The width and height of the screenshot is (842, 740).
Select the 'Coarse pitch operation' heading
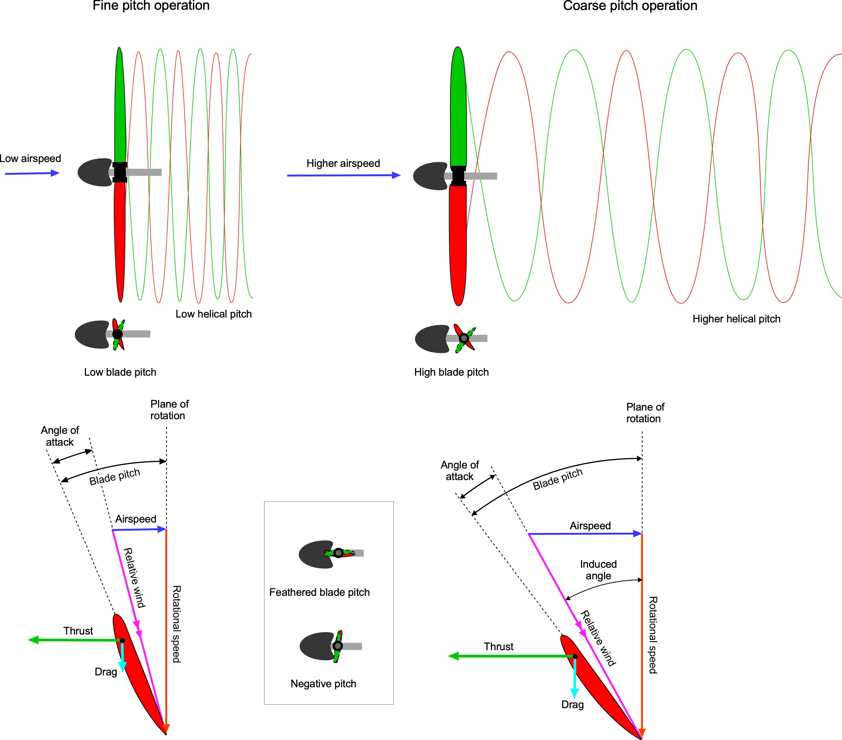[x=630, y=6]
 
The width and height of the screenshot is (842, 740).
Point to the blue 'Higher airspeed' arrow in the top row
[x=344, y=176]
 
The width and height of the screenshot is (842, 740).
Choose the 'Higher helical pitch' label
[x=736, y=319]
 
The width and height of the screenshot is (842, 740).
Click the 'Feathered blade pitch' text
[x=319, y=592]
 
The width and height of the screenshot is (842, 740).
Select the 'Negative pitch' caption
[x=323, y=683]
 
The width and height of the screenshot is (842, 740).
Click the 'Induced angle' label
[x=598, y=570]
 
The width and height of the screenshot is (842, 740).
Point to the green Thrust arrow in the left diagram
[x=74, y=640]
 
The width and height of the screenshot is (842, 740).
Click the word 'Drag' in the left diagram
[x=106, y=672]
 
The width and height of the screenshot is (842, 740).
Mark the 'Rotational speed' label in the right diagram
[x=653, y=635]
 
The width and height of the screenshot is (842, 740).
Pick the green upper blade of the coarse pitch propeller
[x=458, y=107]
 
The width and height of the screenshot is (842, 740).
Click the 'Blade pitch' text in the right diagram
[x=557, y=479]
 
